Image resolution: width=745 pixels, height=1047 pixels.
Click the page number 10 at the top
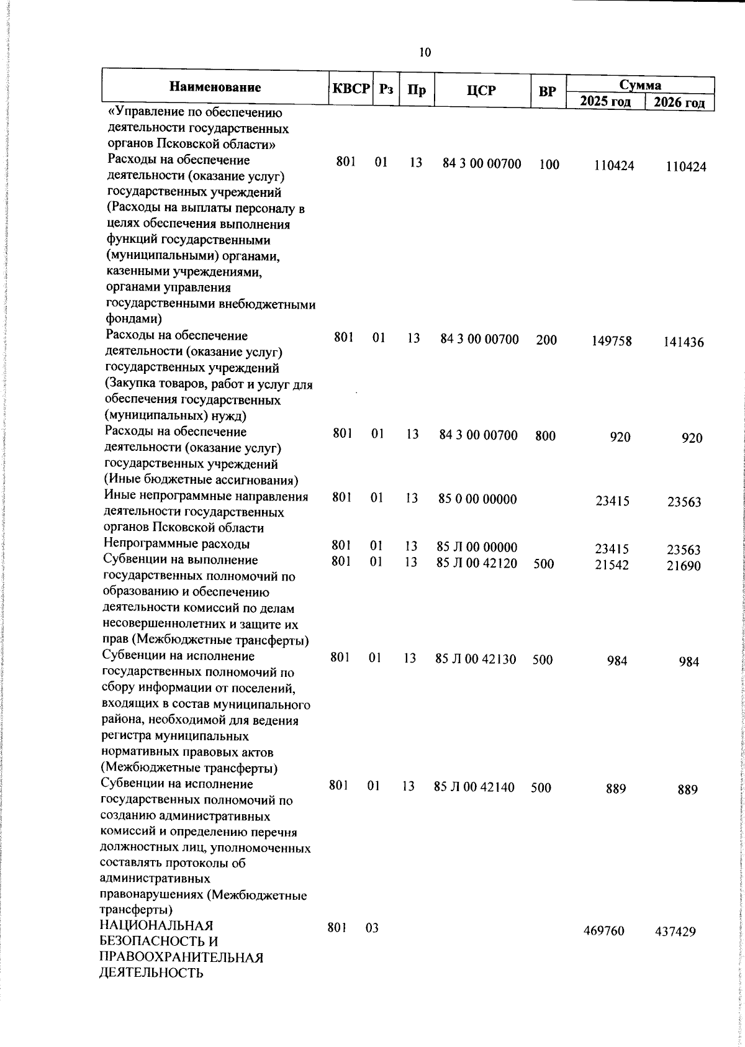(425, 52)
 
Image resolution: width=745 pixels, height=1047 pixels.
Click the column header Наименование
(215, 87)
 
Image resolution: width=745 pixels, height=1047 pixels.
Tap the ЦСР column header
(481, 90)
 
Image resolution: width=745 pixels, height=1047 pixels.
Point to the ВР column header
(547, 91)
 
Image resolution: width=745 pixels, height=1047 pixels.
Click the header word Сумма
(640, 85)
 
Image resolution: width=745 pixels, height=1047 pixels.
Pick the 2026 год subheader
(680, 102)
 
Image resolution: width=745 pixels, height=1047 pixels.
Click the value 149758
(612, 341)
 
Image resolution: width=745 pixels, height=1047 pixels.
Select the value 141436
(684, 342)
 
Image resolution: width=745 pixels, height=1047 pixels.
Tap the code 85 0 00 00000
(477, 499)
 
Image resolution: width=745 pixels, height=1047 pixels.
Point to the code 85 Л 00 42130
(476, 659)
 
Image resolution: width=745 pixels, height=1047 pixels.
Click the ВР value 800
(545, 436)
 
